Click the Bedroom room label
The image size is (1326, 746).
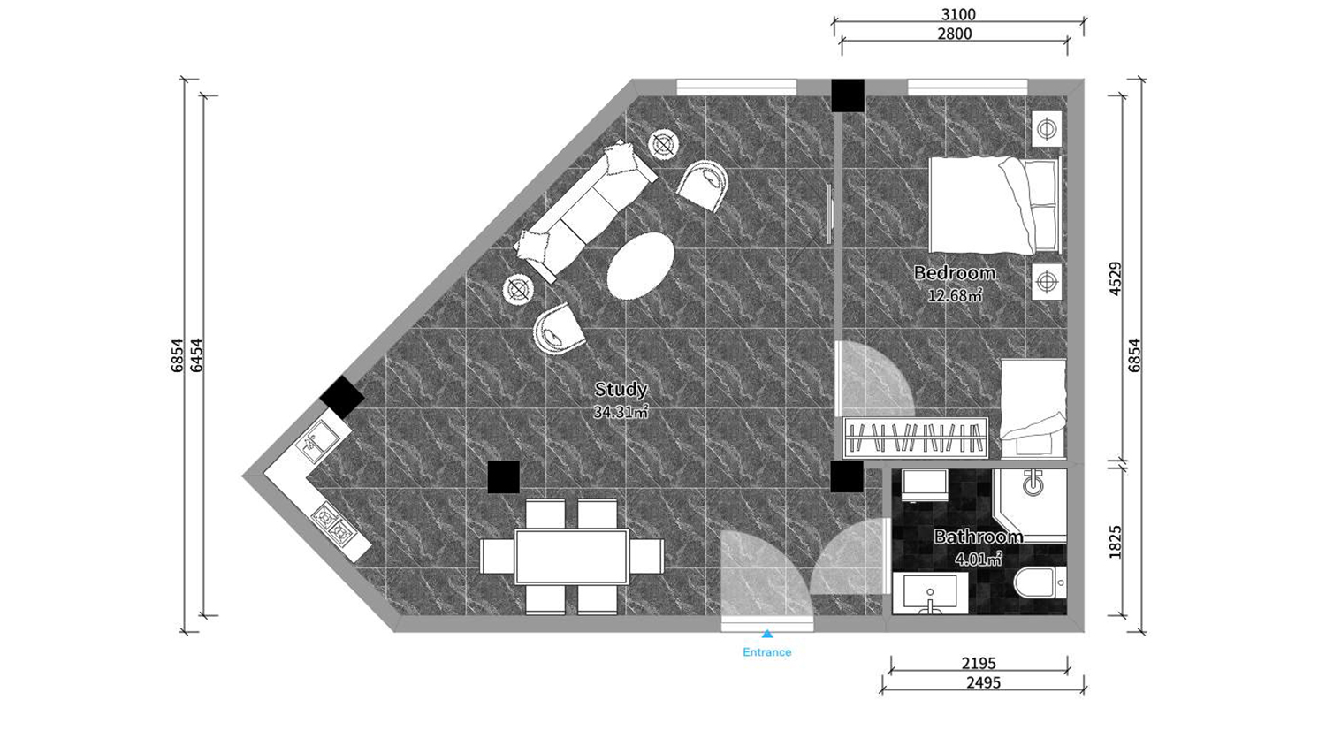pyautogui.click(x=954, y=273)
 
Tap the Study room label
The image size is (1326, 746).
pyautogui.click(x=621, y=389)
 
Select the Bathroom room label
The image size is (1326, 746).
pyautogui.click(x=979, y=537)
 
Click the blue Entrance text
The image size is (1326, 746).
pyautogui.click(x=766, y=651)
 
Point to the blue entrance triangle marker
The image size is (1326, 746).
pyautogui.click(x=767, y=634)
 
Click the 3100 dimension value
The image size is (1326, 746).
pyautogui.click(x=957, y=13)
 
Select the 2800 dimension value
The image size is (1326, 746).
pyautogui.click(x=954, y=34)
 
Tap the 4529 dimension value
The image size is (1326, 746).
pyautogui.click(x=1115, y=278)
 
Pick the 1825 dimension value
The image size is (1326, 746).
pyautogui.click(x=1115, y=541)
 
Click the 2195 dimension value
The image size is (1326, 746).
pyautogui.click(x=979, y=663)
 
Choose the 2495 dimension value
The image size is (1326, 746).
pyautogui.click(x=983, y=682)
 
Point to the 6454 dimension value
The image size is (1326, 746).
pyautogui.click(x=196, y=355)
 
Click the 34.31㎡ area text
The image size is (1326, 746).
pyautogui.click(x=621, y=412)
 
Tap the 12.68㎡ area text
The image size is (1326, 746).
pyautogui.click(x=954, y=295)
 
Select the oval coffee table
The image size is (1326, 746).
pyautogui.click(x=641, y=266)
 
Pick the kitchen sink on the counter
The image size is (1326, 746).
pyautogui.click(x=317, y=441)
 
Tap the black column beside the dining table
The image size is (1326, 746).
pyautogui.click(x=504, y=477)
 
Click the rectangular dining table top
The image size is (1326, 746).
pyautogui.click(x=571, y=557)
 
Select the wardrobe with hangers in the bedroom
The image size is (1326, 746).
pyautogui.click(x=916, y=438)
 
